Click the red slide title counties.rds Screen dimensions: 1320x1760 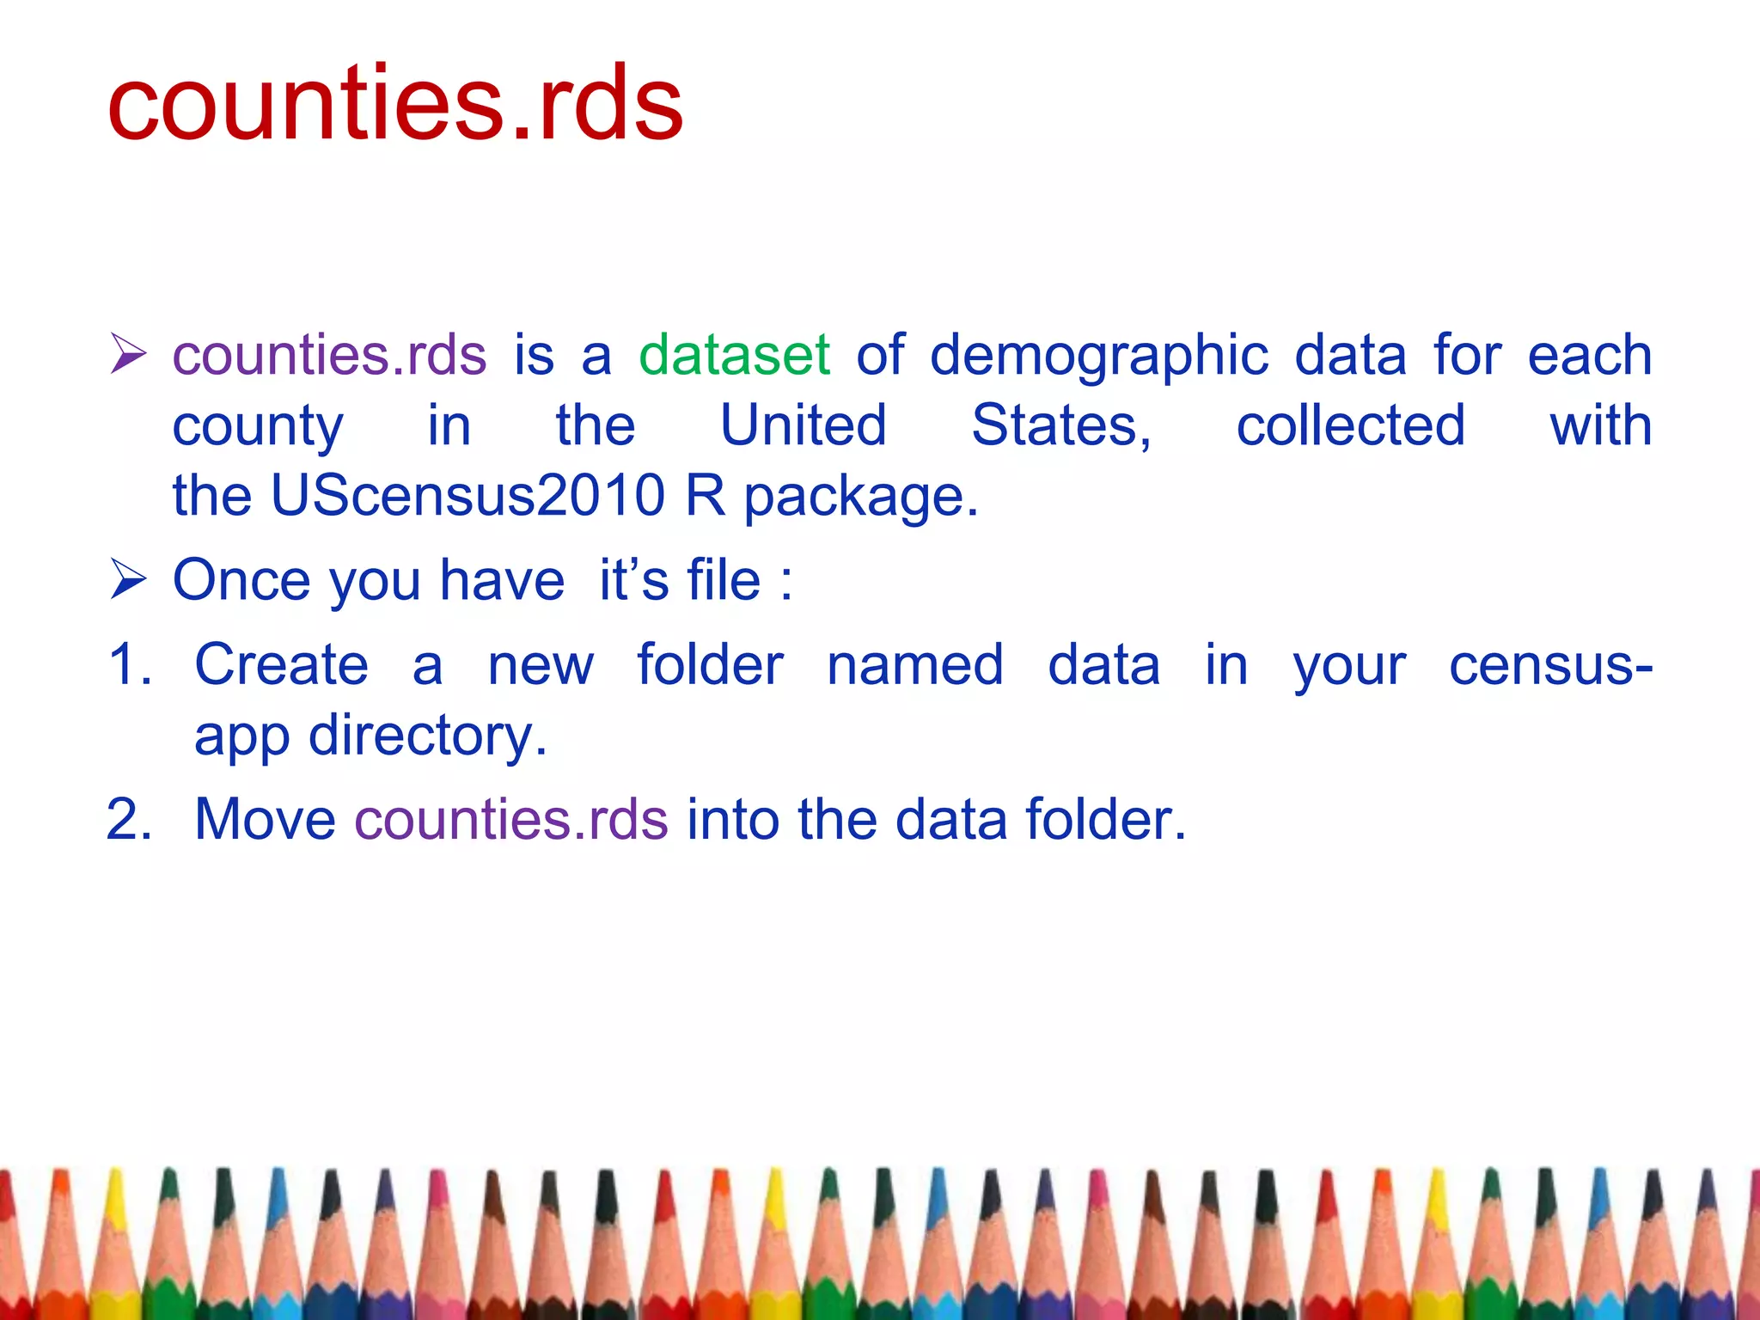tap(395, 105)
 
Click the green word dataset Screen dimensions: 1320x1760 tap(734, 355)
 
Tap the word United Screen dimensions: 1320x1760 tap(803, 425)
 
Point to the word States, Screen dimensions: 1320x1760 tap(1060, 427)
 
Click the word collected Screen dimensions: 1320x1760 tap(1350, 425)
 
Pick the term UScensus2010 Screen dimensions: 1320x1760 tap(467, 496)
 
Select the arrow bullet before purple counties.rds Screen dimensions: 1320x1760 tap(129, 355)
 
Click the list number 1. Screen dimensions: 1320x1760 tap(129, 665)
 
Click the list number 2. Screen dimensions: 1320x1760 tap(129, 820)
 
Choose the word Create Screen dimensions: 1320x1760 tap(282, 665)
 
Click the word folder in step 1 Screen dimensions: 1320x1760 tap(710, 665)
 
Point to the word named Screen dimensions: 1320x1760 tap(915, 665)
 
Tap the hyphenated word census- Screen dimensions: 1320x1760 tap(1550, 665)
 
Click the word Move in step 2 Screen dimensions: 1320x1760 tap(265, 820)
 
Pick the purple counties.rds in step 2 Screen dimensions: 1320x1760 tap(511, 820)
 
